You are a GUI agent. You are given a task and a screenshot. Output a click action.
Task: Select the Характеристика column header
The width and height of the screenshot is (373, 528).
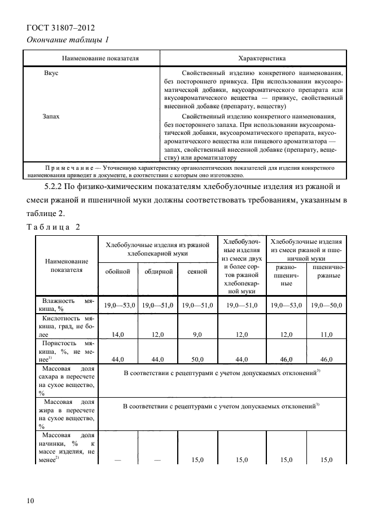pyautogui.click(x=262, y=58)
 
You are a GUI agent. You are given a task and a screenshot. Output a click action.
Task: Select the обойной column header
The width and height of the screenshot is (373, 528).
pyautogui.click(x=118, y=271)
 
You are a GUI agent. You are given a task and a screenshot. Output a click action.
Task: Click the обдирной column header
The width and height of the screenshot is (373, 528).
pyautogui.click(x=157, y=271)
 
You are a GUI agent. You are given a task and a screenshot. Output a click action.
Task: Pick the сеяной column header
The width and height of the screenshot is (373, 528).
pyautogui.click(x=197, y=271)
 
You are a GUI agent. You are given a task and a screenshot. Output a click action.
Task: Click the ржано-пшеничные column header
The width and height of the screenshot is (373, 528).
pyautogui.click(x=287, y=275)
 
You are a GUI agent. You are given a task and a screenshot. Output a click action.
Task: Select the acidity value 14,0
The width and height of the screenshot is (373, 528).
pyautogui.click(x=118, y=334)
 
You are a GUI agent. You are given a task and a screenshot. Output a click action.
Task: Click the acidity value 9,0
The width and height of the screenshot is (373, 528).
pyautogui.click(x=197, y=334)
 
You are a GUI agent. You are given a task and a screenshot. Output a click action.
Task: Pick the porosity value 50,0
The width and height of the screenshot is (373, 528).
pyautogui.click(x=197, y=358)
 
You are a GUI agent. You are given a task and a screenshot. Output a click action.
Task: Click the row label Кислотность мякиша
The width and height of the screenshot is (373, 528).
pyautogui.click(x=65, y=326)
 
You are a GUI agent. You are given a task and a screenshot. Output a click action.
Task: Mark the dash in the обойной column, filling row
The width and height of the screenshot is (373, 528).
pyautogui.click(x=118, y=460)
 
